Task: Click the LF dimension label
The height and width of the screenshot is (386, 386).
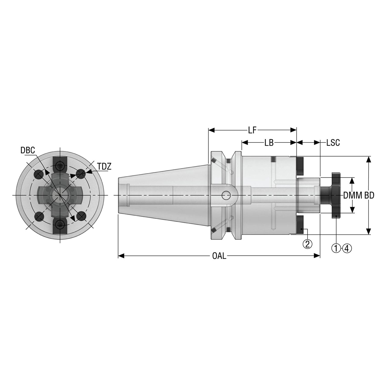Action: (x=252, y=130)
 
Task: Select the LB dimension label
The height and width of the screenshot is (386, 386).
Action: (x=269, y=143)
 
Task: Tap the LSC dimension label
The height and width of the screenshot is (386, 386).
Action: (x=333, y=143)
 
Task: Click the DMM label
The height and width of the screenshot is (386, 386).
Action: (x=353, y=195)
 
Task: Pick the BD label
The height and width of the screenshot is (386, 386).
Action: (x=369, y=195)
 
